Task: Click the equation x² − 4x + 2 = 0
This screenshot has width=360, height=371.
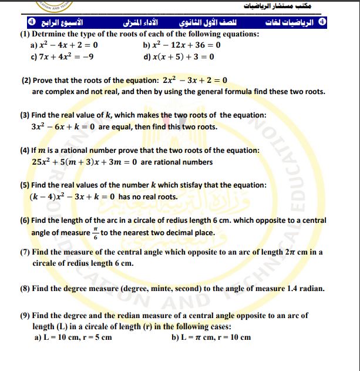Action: pos(68,45)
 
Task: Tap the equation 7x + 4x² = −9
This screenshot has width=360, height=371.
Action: pos(63,56)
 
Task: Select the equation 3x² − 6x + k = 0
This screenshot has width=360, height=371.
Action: pos(63,126)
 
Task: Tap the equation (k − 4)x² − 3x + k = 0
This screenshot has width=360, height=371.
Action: pos(73,196)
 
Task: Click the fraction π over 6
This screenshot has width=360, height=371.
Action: pos(96,232)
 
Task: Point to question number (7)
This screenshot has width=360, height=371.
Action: pos(25,252)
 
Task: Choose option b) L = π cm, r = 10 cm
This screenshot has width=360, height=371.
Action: pos(211,337)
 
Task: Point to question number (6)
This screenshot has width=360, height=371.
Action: pos(25,220)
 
